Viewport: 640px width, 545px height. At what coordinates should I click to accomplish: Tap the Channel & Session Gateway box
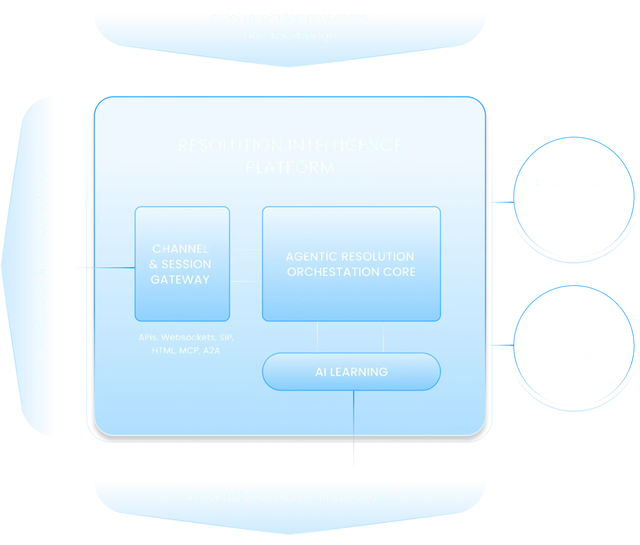tap(182, 264)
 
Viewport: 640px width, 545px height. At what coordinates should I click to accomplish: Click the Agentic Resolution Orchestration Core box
tap(351, 264)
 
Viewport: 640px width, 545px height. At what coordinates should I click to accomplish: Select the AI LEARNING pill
tap(351, 372)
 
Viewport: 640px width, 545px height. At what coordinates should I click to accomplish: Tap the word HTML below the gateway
tap(164, 351)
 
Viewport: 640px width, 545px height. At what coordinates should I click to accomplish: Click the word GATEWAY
tap(180, 280)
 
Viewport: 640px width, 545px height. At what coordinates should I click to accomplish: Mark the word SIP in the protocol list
tap(226, 337)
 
